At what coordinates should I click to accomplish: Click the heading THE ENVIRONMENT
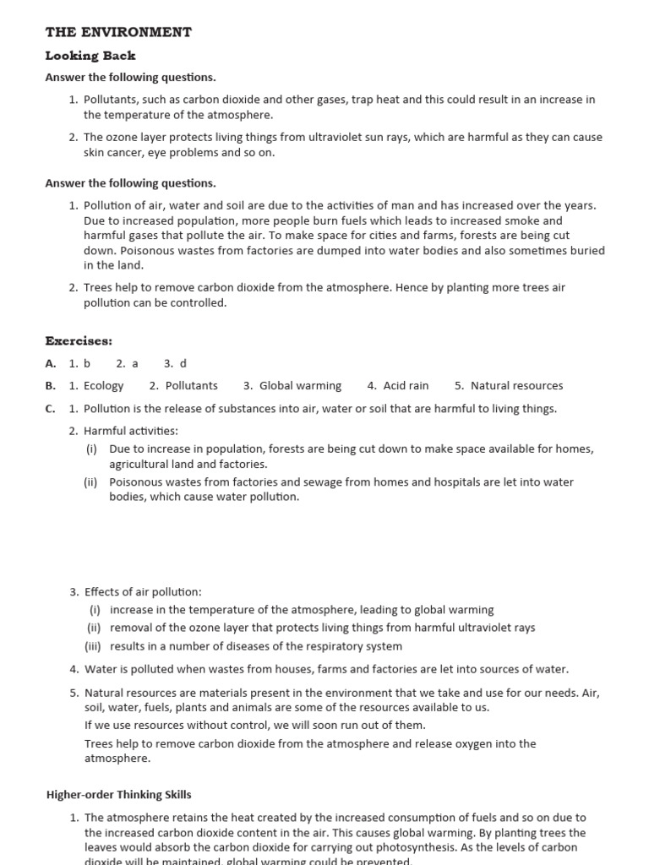coord(118,32)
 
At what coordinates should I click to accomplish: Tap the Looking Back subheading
coord(90,56)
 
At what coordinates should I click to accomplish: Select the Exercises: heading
coord(79,340)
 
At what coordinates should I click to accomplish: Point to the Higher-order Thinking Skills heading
coord(118,794)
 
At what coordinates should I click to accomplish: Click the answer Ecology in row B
coord(103,385)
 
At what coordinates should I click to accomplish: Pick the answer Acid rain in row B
coord(406,385)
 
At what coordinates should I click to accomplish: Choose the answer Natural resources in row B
coord(516,385)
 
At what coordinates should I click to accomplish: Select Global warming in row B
coord(300,385)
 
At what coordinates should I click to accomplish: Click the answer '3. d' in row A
coord(175,363)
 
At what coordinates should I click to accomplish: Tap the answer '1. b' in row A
coord(79,363)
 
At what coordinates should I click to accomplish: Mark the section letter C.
coord(51,409)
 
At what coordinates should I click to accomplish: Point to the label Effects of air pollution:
coord(143,592)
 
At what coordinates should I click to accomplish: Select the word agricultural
coord(143,464)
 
